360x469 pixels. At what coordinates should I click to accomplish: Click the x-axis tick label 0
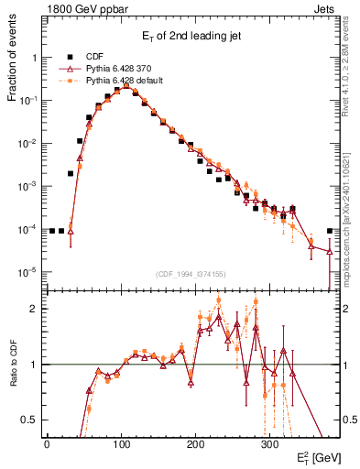click(47, 442)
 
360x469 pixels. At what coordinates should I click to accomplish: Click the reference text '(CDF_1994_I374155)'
click(193, 272)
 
